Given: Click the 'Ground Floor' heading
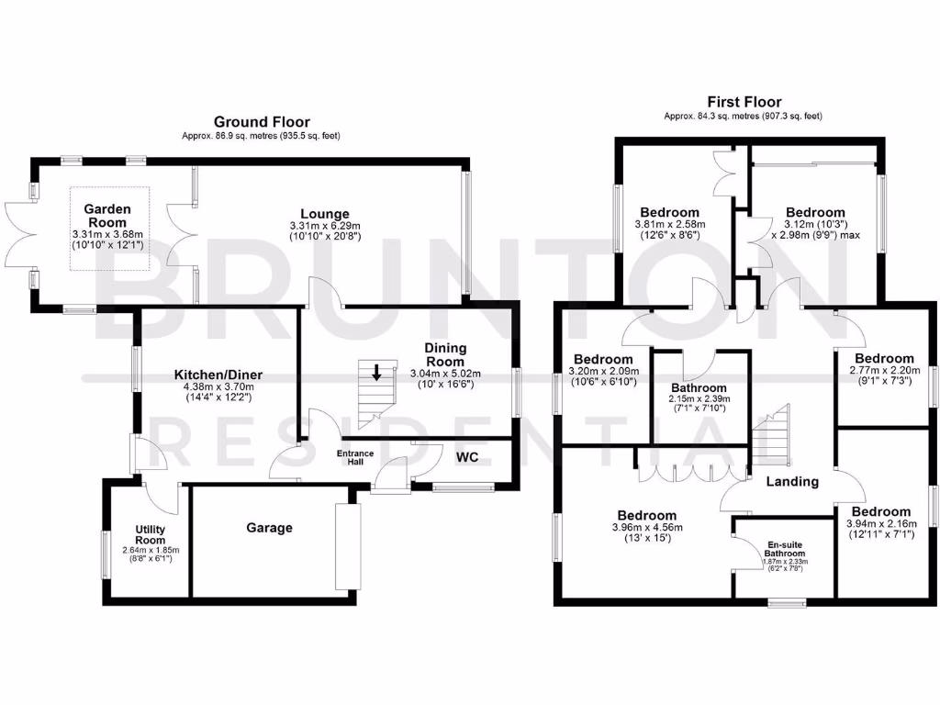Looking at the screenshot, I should pos(262,121).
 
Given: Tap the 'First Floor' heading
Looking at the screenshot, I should pos(744,102).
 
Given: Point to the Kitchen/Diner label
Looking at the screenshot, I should pos(214,375).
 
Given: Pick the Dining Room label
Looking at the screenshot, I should pos(445,354).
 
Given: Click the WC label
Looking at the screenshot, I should pos(467,455).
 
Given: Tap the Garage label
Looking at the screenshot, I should pos(269,528).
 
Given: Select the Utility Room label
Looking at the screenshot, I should pos(150,534).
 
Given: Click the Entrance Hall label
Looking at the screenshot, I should pos(355,457).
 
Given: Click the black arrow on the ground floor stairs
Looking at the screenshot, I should pos(376,372).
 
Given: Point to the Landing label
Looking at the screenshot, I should pos(791,481).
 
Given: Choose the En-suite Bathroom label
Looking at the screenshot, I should pos(785,549).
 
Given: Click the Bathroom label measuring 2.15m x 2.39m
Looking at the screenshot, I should pos(698,388).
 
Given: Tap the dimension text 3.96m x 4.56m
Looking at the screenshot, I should pos(647,528).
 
